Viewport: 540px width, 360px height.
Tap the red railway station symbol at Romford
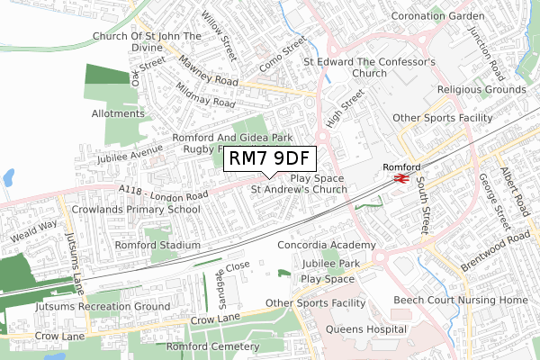click(401, 179)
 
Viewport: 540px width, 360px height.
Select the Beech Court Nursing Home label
click(460, 299)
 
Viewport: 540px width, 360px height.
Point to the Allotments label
click(118, 114)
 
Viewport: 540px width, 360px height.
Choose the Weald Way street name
click(34, 231)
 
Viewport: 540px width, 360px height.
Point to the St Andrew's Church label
click(299, 190)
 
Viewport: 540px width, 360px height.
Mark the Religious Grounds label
click(482, 90)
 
